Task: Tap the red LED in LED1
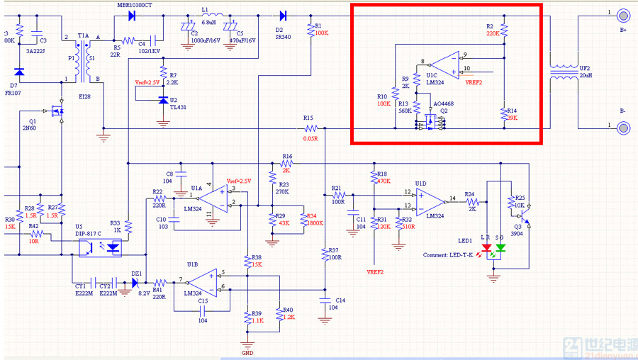pos(486,249)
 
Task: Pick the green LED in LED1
pos(500,249)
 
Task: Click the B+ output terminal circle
pos(623,16)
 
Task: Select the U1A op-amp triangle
pos(212,198)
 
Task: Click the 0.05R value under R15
pos(310,139)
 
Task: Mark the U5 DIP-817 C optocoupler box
pos(99,247)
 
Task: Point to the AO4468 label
pos(444,103)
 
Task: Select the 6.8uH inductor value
pos(208,22)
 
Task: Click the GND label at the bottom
pos(247,352)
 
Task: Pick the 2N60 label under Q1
pos(28,130)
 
